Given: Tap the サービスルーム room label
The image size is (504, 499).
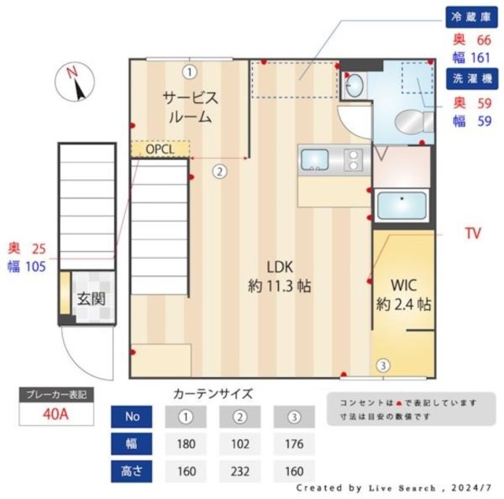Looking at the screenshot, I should (190, 107).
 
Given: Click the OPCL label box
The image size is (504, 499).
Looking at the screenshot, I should (161, 149).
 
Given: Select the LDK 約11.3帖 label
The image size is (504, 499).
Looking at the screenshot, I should (279, 275).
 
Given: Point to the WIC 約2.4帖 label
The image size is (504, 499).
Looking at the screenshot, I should (402, 294).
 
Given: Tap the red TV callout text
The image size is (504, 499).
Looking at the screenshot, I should (472, 234).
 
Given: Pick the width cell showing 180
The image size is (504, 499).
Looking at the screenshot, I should (186, 444).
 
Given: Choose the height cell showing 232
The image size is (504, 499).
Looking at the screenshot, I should (240, 472).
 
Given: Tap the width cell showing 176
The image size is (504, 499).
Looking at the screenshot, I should (295, 444).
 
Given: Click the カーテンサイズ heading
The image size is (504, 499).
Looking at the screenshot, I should (213, 394).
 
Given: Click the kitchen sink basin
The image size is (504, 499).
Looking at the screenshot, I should (315, 161).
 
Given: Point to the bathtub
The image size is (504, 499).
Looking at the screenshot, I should (401, 206).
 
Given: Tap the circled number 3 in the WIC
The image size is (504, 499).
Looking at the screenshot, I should (382, 365).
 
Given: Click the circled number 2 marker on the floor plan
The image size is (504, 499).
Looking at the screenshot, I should (220, 169).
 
